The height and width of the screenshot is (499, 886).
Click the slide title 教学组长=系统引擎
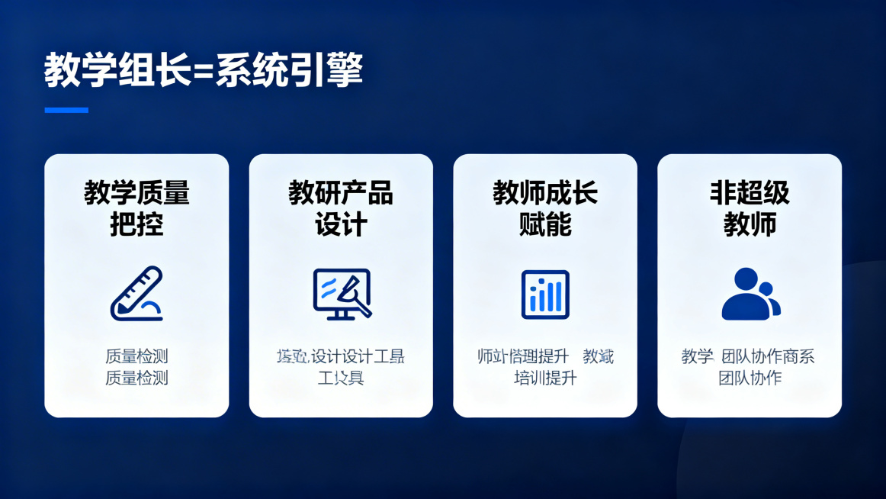(203, 71)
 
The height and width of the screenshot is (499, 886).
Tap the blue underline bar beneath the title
(66, 110)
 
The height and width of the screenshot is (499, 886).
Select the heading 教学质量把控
(136, 208)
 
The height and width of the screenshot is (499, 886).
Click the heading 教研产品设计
(341, 208)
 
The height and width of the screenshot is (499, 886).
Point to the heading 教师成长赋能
(545, 208)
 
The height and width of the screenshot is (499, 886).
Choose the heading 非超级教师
(750, 208)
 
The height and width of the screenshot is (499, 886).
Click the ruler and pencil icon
(136, 294)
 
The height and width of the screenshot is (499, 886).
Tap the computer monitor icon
(342, 293)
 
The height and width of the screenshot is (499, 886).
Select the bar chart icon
(545, 294)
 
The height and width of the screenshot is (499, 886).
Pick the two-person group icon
(750, 294)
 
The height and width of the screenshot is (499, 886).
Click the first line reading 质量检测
(136, 356)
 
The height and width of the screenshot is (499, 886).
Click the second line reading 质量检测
(136, 378)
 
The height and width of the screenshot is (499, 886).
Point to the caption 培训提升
(545, 378)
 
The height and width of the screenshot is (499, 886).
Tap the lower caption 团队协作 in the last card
(750, 378)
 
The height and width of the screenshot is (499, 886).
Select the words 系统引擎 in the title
(289, 71)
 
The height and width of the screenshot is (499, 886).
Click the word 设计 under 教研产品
(341, 225)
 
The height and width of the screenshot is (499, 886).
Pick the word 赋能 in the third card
(545, 225)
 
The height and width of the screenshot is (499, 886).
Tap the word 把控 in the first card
(136, 225)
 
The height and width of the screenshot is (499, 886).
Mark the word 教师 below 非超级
(750, 225)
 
